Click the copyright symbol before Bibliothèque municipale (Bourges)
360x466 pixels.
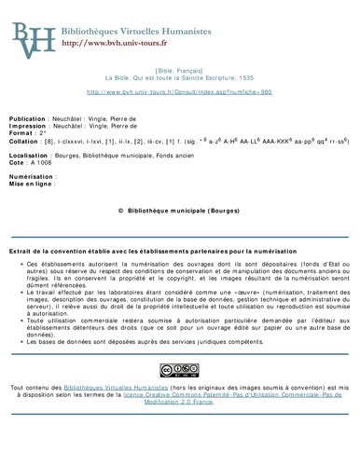(x=121, y=211)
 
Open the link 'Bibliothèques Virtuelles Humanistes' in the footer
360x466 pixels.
(x=116, y=385)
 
